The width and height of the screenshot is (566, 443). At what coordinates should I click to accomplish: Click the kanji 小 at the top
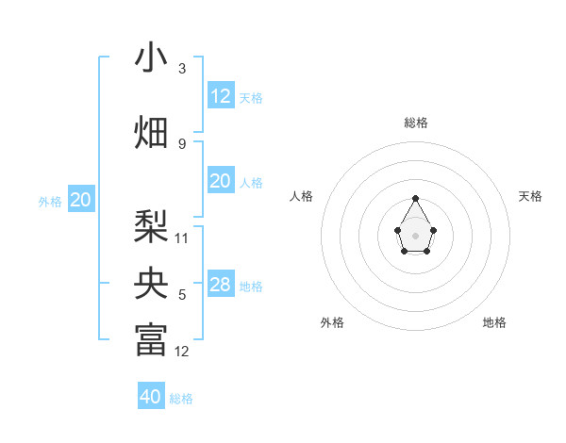[151, 58]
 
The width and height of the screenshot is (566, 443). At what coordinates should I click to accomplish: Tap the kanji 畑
[151, 132]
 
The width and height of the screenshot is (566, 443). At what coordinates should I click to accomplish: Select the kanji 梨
[151, 226]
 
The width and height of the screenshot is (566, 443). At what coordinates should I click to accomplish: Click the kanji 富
[151, 340]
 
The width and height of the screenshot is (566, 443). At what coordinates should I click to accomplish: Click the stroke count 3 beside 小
[182, 69]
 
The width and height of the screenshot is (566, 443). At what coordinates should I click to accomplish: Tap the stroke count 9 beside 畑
[182, 143]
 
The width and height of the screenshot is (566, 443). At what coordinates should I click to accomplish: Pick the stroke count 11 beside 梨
[182, 238]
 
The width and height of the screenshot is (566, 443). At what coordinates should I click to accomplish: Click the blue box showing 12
[221, 96]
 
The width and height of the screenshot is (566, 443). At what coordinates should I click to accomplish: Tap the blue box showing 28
[221, 285]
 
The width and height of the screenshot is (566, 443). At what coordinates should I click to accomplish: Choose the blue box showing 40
[151, 397]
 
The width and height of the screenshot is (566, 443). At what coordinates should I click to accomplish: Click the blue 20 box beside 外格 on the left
[81, 199]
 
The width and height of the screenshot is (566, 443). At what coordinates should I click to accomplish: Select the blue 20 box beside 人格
[221, 181]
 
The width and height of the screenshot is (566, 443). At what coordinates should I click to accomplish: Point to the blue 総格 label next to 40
[181, 399]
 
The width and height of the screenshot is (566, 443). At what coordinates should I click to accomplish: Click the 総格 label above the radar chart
[416, 123]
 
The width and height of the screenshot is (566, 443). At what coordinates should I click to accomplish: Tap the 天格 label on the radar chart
[530, 196]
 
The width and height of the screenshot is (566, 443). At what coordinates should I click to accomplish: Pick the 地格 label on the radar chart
[494, 322]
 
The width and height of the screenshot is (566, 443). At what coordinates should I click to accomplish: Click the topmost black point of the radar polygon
[416, 198]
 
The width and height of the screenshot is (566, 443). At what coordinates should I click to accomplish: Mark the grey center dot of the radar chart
[416, 235]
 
